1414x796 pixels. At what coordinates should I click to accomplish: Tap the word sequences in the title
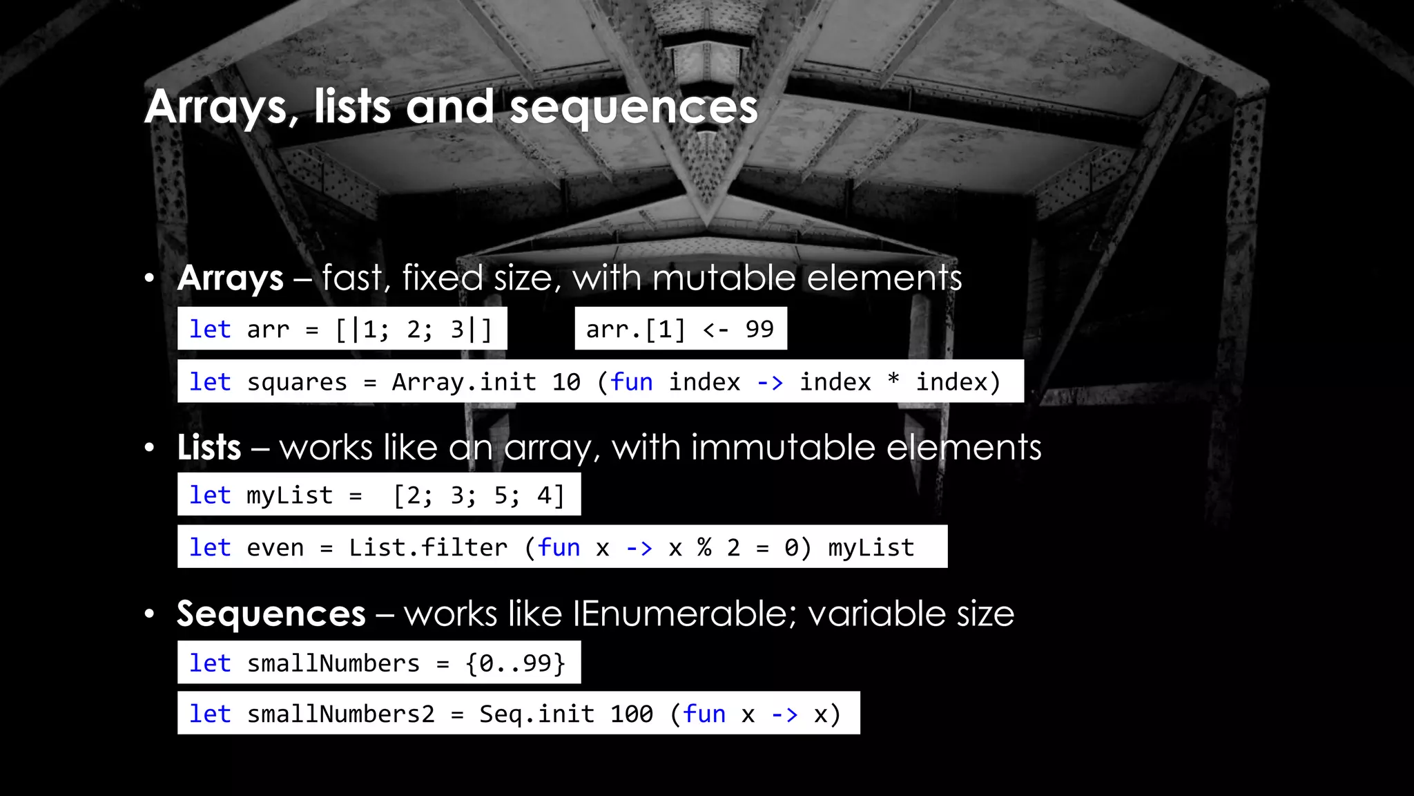634,108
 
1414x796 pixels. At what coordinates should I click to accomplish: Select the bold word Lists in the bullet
209,447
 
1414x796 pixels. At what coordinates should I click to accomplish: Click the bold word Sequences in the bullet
271,614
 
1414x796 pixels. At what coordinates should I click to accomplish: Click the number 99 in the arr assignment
759,329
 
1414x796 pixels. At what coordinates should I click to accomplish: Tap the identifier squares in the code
297,382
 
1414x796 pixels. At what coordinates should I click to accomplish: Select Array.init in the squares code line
464,382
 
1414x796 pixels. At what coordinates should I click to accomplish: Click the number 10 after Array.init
566,382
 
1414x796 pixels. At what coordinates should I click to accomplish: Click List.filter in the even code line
428,548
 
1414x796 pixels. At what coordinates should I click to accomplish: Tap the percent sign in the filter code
704,548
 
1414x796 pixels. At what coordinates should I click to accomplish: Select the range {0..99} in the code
515,663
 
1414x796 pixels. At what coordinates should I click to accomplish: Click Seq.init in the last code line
536,714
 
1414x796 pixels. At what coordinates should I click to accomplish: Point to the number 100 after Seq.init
631,714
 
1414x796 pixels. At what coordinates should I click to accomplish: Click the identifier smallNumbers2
341,714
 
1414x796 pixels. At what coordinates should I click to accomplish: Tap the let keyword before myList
210,495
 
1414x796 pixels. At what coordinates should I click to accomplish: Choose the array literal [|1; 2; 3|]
414,330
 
